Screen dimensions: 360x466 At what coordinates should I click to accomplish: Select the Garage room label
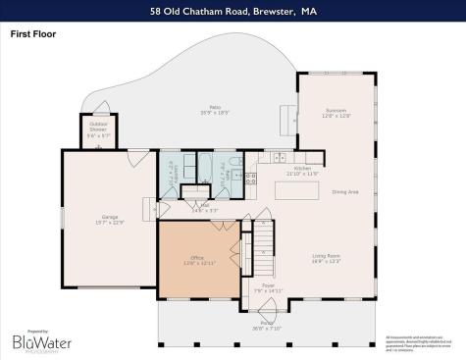(x=110, y=219)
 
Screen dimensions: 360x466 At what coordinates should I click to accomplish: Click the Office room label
(x=197, y=260)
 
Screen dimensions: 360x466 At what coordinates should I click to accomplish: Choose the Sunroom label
(x=335, y=114)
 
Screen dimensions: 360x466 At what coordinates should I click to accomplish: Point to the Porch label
(x=267, y=325)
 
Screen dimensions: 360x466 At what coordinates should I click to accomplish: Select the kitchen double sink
(x=280, y=157)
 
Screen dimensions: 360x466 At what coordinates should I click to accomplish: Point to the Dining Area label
(x=345, y=191)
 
